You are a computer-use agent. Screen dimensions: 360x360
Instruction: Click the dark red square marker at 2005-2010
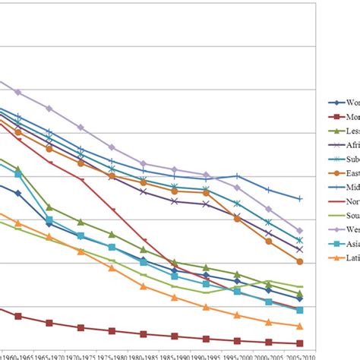[299, 343]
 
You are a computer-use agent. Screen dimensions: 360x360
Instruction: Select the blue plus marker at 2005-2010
[299, 199]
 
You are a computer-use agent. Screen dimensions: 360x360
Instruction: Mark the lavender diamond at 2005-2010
[299, 230]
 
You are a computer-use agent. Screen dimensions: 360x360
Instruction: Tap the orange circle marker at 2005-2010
[299, 261]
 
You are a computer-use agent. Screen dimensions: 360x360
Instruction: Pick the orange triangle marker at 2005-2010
[299, 324]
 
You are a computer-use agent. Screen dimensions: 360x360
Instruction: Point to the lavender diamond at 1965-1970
[49, 108]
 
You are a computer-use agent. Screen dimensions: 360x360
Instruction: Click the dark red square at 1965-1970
[49, 323]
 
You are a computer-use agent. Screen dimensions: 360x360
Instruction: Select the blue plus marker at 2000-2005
[268, 189]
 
